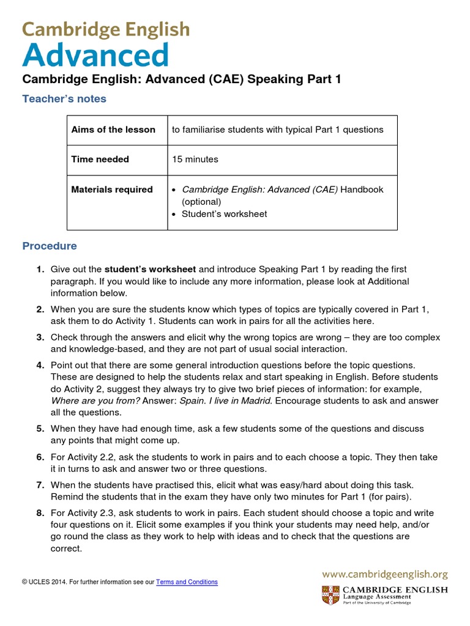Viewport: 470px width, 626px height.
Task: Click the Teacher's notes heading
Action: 64,98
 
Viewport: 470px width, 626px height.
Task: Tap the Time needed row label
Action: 100,160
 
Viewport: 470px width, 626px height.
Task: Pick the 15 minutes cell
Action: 195,160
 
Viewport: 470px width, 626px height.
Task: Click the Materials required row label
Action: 112,190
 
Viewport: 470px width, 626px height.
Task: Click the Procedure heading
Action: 50,246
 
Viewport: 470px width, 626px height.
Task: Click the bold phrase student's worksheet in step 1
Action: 151,270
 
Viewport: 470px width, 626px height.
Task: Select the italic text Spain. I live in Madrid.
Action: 220,401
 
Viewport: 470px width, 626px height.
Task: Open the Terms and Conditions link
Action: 187,582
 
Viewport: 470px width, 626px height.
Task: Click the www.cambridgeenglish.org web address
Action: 385,574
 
